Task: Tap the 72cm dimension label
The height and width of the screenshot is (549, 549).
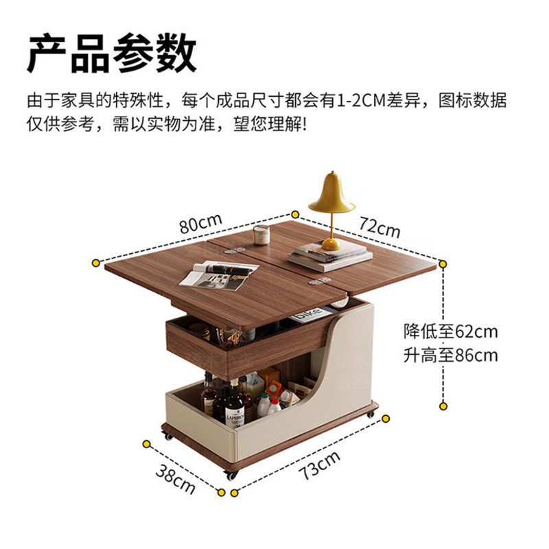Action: coord(379,227)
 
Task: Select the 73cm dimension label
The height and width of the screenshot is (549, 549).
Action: coord(319,465)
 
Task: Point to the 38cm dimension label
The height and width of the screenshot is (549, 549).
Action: coord(175,478)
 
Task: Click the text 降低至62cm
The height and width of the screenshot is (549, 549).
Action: coord(451,331)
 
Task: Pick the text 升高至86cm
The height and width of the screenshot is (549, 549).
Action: coord(451,355)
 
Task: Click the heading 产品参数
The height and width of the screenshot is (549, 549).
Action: coord(111,54)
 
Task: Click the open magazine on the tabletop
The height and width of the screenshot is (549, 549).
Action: coord(219,275)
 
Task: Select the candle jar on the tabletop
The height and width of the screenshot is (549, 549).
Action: coord(261,234)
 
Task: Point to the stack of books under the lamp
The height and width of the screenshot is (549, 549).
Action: coord(330,257)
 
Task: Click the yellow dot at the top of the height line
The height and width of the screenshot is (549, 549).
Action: coord(443,264)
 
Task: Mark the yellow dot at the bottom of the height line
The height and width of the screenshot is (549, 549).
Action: coord(443,406)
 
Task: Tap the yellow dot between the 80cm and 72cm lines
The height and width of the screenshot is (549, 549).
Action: coord(295,214)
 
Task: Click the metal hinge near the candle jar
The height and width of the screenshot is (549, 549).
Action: coord(235,250)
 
